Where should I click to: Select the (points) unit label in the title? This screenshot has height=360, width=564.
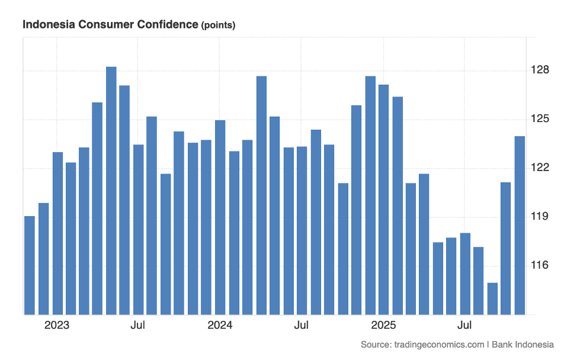[x=218, y=25]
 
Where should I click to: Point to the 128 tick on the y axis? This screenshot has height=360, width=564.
[x=540, y=70]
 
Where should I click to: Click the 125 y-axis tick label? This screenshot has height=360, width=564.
[x=540, y=119]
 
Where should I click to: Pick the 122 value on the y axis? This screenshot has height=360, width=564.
[x=540, y=168]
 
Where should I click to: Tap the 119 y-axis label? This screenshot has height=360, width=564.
[x=540, y=216]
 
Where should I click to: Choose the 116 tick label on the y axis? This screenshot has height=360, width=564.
[x=540, y=265]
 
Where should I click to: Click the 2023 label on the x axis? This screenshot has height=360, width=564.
[x=57, y=325]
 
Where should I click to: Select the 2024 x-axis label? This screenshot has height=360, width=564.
[x=220, y=325]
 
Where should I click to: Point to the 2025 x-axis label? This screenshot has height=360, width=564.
[x=383, y=325]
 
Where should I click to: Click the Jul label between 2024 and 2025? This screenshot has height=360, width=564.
[x=302, y=325]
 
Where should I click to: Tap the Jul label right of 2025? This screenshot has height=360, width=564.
[x=465, y=325]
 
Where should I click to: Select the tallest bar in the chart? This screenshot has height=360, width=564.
[x=111, y=189]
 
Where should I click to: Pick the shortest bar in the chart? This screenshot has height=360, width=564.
[x=492, y=298]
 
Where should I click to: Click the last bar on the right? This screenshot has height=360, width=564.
[x=520, y=225]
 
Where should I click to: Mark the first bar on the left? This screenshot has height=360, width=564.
[x=30, y=265]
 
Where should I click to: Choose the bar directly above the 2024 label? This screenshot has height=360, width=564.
[x=220, y=217]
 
